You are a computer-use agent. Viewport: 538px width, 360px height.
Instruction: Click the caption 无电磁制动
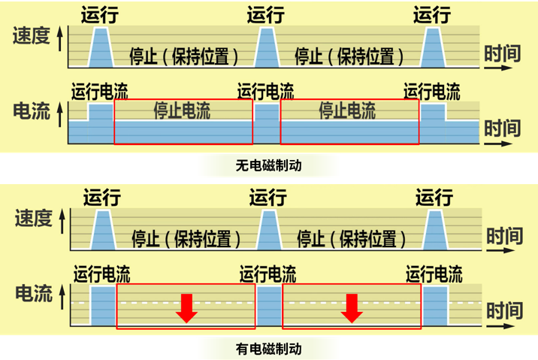coord(269,166)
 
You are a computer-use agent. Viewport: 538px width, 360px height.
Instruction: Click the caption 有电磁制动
coord(269,349)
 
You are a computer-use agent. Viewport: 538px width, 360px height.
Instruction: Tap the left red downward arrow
coord(186,308)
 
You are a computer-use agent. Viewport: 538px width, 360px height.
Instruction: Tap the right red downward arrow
coord(352,308)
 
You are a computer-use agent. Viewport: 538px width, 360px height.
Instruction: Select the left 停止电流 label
coord(182,110)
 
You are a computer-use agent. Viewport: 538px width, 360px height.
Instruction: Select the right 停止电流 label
coord(347,110)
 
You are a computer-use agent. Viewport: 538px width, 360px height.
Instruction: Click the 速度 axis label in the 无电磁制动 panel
coord(32,35)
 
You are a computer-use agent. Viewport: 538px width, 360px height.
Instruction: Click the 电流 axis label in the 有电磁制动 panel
coord(34,294)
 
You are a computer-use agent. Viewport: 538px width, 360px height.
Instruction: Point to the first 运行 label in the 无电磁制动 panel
coord(100,15)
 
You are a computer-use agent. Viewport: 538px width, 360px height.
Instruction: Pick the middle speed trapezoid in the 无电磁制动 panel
coord(267,47)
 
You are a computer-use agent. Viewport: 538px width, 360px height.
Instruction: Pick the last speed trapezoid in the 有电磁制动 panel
coord(435,230)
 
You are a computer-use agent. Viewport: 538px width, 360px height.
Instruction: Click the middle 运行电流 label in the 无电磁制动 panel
coord(265,91)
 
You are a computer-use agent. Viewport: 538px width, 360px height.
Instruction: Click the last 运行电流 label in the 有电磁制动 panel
coord(434,274)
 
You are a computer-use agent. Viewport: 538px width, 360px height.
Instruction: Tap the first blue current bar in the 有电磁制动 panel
coord(103,306)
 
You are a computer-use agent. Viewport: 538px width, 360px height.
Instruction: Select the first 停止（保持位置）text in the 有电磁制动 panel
coord(186,239)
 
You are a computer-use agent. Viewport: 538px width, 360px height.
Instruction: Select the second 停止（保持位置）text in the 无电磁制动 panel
coord(349,56)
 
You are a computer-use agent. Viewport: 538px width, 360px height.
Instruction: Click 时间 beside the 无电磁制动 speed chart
coord(503,53)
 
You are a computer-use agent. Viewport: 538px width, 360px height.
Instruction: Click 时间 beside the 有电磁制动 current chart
coord(505,310)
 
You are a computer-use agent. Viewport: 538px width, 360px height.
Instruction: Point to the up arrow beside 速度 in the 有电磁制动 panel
coord(62,222)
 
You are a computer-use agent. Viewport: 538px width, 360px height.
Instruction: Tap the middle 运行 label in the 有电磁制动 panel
coord(268,198)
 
